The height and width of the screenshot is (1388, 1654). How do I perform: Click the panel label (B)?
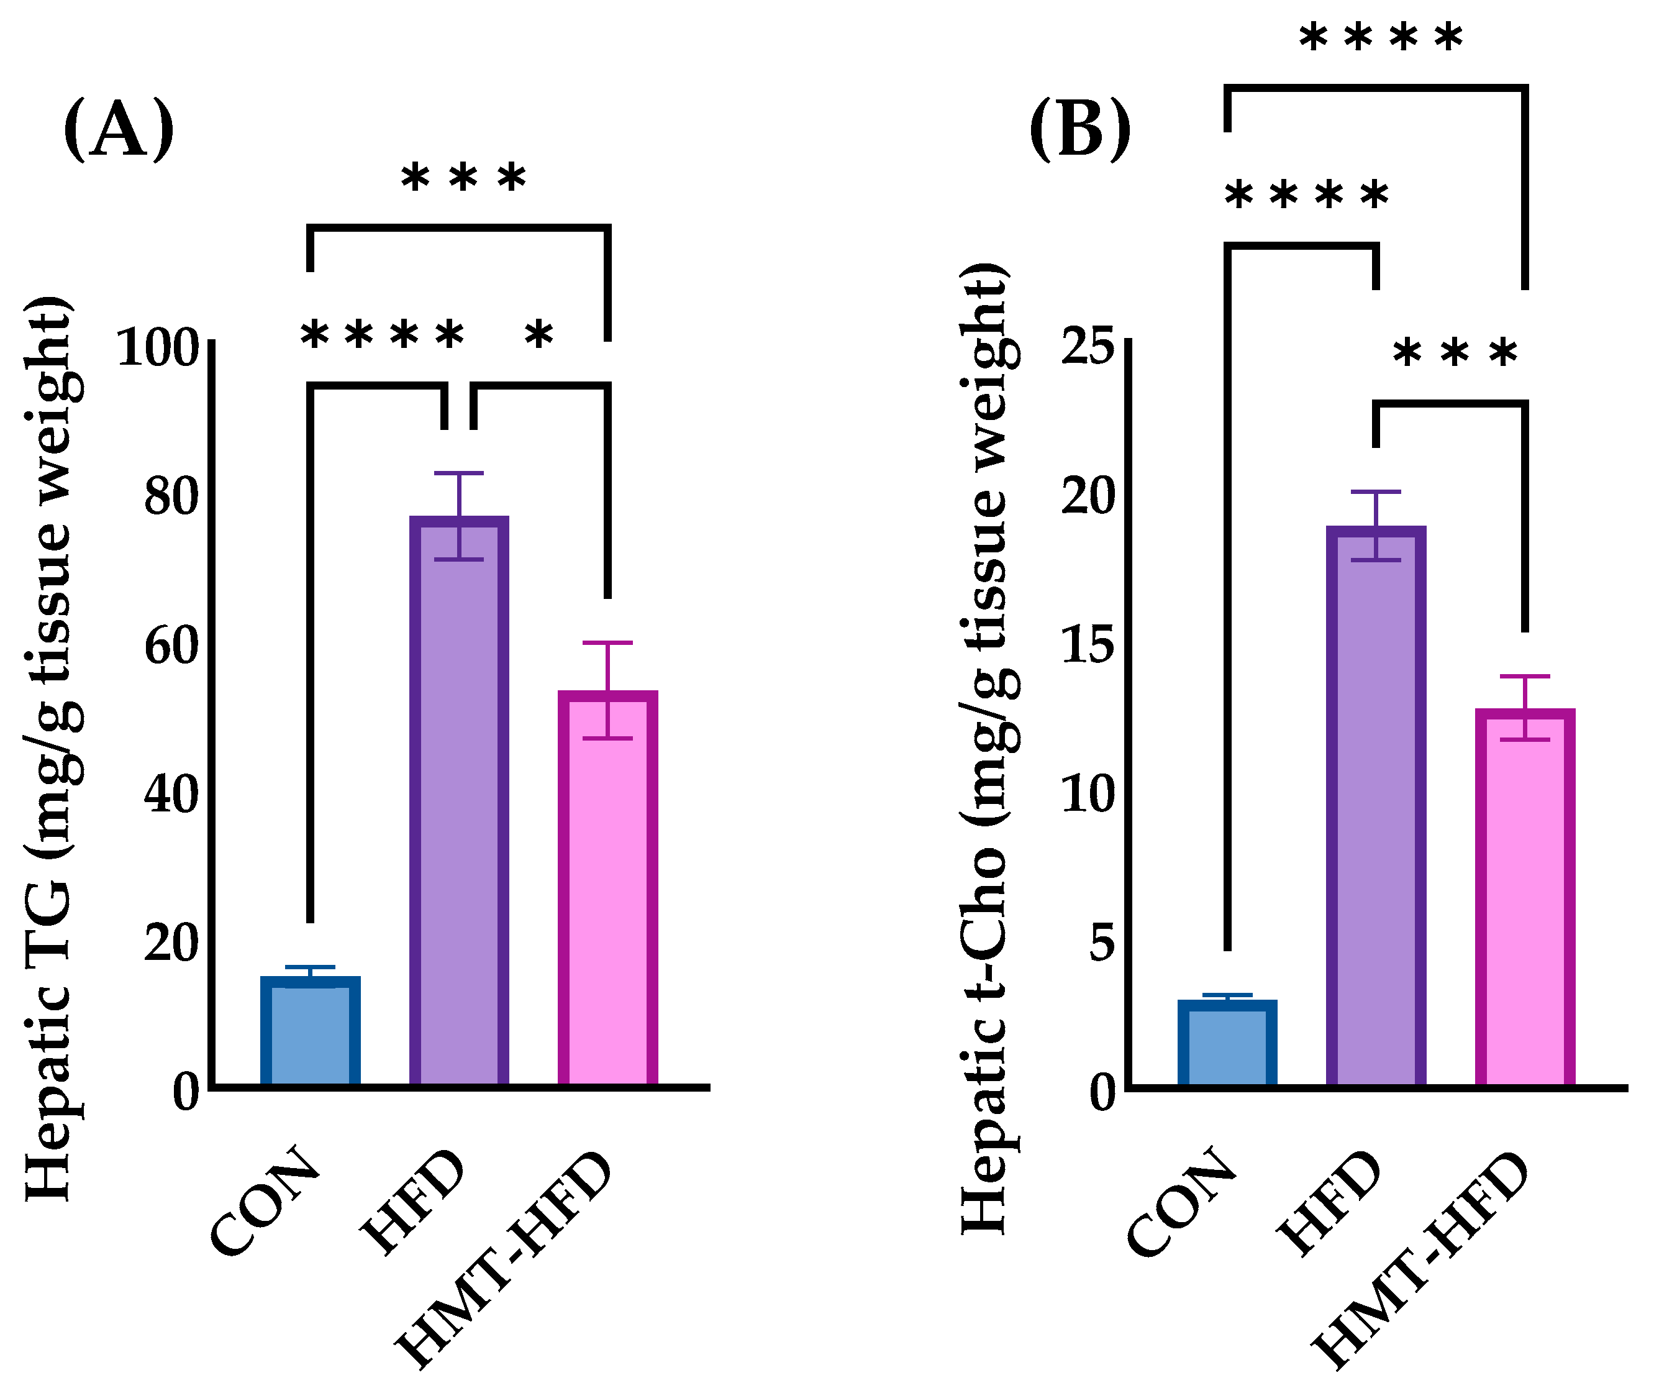[1080, 130]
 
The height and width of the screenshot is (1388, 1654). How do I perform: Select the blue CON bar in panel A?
[311, 1032]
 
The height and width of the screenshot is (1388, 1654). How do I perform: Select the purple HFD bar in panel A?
[459, 803]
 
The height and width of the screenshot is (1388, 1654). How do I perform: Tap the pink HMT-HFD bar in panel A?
[607, 890]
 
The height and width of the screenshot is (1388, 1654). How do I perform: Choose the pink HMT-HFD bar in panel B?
[1525, 898]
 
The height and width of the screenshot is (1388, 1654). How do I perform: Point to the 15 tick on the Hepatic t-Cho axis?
[1089, 644]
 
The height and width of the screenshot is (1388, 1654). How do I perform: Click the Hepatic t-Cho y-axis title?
[984, 748]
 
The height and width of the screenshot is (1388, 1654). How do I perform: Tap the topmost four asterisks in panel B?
[1380, 38]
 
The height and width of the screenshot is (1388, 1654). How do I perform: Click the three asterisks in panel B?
[1455, 353]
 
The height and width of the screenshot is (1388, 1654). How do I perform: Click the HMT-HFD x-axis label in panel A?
[504, 1261]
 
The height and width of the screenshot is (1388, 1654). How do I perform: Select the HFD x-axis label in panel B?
[1331, 1202]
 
